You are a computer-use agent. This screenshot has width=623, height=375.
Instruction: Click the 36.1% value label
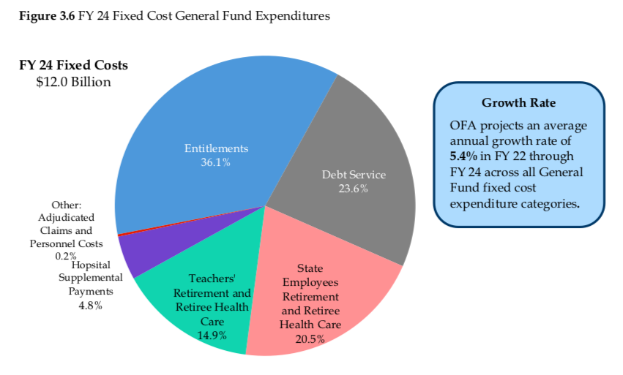point(215,162)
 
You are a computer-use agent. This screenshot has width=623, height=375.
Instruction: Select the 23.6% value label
point(353,189)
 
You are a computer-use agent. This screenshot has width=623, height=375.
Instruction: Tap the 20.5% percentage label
point(309,339)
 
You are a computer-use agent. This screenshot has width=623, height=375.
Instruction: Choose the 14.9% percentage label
point(212,335)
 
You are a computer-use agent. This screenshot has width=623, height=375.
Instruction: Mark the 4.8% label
point(91,305)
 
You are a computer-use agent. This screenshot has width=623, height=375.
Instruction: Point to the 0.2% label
point(66,256)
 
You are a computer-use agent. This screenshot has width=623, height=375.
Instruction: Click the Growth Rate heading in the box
point(518,103)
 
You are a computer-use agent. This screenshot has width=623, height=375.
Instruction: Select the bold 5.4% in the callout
point(463,156)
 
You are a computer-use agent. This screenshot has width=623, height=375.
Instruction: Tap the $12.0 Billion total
point(73,82)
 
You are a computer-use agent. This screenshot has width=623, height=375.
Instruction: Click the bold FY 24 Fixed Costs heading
point(73,65)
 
